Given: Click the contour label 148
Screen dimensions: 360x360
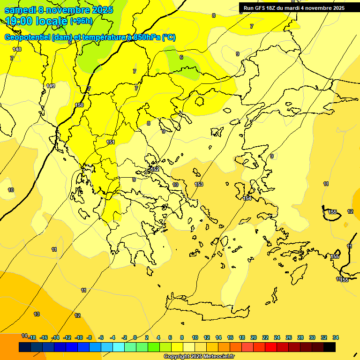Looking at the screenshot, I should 17,49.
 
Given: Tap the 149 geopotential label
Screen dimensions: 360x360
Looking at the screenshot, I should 51,86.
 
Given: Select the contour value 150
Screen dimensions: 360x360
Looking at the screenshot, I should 80,105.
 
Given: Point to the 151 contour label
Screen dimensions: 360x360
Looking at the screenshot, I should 111,142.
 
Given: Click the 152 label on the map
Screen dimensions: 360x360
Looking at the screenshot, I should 155,169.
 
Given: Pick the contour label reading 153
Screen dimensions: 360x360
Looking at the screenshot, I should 199,184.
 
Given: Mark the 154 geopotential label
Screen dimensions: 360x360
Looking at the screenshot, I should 247,198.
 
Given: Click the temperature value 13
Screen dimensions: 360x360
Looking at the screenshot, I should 37,314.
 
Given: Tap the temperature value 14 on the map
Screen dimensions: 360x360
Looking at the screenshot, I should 24,336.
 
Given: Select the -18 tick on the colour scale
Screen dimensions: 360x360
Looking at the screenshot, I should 32,337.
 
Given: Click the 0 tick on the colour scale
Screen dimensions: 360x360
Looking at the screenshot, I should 135,337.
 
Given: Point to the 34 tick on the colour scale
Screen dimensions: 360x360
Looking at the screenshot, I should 336,337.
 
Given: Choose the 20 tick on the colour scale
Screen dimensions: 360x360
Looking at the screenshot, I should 254,337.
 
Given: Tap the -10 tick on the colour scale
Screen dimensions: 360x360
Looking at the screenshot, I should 79,337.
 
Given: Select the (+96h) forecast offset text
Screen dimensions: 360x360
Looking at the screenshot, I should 81,21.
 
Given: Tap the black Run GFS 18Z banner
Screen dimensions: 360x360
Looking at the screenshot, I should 294,8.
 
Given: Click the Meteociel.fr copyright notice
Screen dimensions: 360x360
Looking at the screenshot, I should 199,356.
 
